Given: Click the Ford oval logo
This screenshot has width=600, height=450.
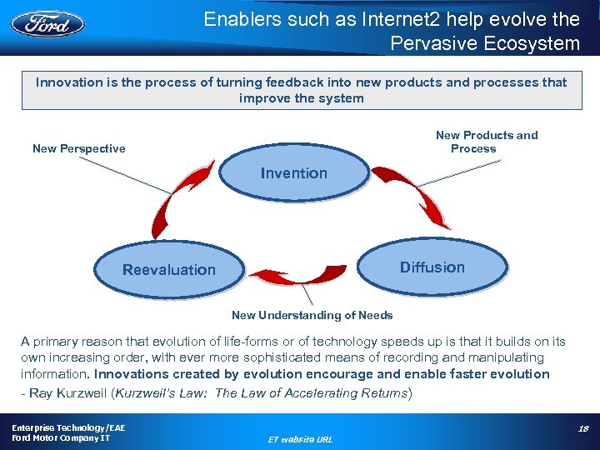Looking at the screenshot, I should click(x=47, y=22).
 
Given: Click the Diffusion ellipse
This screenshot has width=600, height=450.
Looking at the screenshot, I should click(x=432, y=267).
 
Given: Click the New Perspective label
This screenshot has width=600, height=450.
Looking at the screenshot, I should click(x=79, y=148).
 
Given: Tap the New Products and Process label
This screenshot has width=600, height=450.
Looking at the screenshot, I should click(x=486, y=142).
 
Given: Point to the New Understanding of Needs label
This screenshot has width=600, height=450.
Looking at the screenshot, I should click(x=312, y=315).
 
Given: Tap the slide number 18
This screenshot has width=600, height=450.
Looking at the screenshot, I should click(x=582, y=428).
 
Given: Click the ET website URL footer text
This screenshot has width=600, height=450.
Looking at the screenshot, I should click(x=301, y=438).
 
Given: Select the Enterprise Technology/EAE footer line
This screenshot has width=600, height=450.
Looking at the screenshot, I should click(x=68, y=427).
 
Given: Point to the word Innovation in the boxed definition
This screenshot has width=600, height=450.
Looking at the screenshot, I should click(x=68, y=82).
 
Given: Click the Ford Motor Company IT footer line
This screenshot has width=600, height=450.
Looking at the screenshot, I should click(x=61, y=438).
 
